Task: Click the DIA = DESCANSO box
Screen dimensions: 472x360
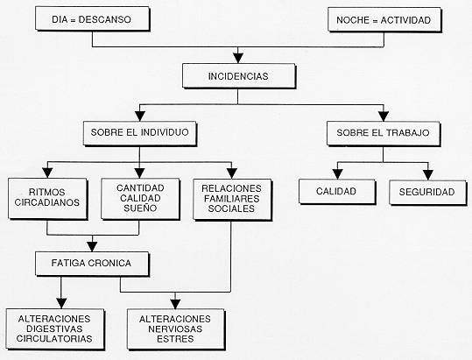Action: click(93, 19)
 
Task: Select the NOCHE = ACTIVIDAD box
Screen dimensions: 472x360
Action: click(384, 20)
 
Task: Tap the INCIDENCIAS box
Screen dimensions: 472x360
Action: click(239, 76)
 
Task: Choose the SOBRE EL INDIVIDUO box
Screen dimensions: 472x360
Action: click(140, 134)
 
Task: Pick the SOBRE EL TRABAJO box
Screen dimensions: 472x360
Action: click(384, 134)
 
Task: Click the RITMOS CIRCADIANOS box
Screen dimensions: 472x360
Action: click(47, 199)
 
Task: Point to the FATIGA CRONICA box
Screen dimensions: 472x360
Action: click(92, 264)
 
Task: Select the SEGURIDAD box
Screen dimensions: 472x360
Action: click(427, 193)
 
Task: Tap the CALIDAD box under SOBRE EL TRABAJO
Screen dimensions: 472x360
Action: click(337, 192)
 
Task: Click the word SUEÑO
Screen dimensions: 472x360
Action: click(140, 208)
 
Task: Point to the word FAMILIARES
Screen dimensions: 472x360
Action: click(231, 198)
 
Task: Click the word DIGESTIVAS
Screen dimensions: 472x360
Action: click(54, 328)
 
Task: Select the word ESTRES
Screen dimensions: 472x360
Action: click(175, 339)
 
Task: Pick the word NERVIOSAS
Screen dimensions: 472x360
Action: click(175, 328)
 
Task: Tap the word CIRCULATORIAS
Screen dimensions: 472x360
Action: click(54, 338)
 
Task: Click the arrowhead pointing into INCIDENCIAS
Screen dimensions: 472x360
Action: click(238, 58)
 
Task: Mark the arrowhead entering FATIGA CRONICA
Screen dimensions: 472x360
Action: click(92, 246)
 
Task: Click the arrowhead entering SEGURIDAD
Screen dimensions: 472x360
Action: click(427, 175)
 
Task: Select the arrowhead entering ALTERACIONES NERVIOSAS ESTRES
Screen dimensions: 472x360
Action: click(175, 304)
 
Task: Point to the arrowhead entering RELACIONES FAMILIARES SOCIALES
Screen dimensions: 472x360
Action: click(231, 173)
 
